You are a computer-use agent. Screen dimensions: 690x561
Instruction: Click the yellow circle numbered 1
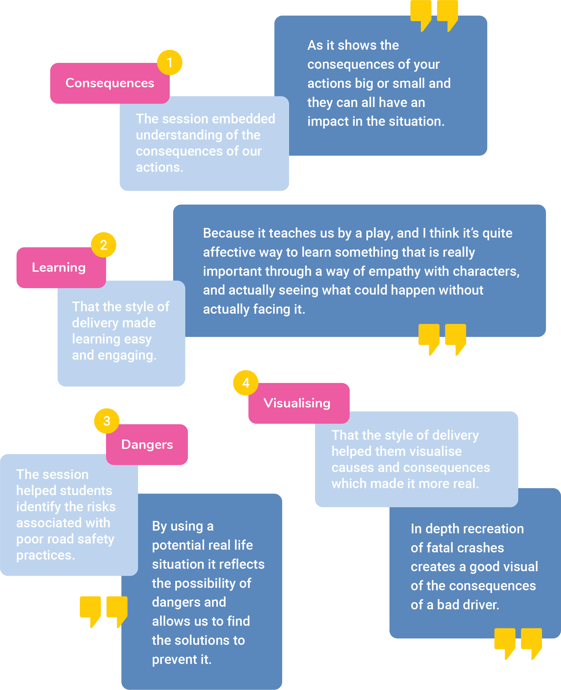pos(170,62)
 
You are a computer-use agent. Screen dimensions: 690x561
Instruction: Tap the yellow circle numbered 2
pos(103,245)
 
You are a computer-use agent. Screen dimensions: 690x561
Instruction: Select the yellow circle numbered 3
pos(107,421)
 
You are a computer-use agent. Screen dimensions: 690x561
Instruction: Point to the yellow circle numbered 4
pos(246,383)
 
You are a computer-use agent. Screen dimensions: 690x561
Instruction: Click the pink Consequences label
pos(110,83)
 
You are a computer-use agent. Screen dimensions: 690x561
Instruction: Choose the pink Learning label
pos(59,268)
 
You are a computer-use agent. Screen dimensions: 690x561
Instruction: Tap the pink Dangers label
pos(147,444)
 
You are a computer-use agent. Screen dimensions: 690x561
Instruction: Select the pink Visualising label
pos(297,403)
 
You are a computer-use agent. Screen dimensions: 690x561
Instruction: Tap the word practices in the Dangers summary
pos(45,555)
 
